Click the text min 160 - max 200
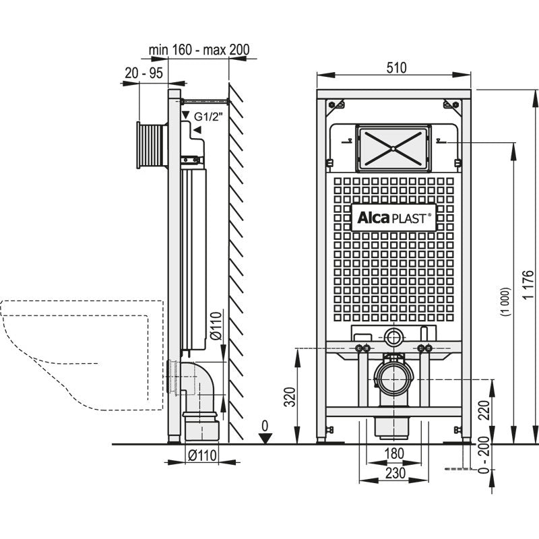click(x=190, y=49)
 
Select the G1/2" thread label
click(x=207, y=116)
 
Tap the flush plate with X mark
click(x=392, y=146)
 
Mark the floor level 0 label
click(x=265, y=426)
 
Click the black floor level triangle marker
click(x=265, y=439)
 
